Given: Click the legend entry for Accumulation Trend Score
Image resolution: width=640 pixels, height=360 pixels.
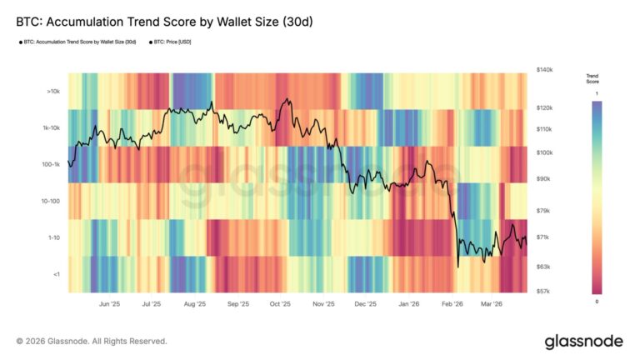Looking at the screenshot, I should tap(78, 41).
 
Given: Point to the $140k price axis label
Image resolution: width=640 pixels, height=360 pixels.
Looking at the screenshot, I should tap(545, 71).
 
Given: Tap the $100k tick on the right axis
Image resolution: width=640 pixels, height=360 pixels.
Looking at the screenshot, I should tap(545, 153).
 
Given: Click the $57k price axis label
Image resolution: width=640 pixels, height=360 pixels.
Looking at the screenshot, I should tap(543, 292).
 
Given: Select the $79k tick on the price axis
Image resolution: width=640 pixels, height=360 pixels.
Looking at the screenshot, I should tap(543, 211).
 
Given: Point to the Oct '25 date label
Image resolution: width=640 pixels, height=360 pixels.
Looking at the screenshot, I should tap(280, 305).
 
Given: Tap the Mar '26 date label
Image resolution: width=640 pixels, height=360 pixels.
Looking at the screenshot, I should tap(492, 305).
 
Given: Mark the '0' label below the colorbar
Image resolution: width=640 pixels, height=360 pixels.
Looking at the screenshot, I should tap(596, 301).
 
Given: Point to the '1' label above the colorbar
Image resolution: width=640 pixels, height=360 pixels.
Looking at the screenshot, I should tap(596, 94).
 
